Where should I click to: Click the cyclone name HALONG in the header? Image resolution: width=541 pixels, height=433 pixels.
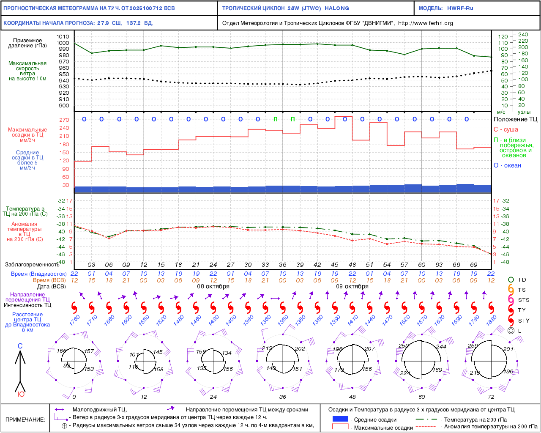click(337, 8)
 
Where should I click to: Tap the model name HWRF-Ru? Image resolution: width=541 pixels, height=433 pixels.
click(460, 8)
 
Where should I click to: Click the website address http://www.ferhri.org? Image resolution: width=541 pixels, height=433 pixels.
click(425, 23)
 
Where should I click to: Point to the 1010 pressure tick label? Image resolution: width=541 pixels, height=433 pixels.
click(63, 37)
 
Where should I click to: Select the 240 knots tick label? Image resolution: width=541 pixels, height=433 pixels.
click(523, 35)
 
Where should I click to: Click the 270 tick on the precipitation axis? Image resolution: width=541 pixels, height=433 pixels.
click(64, 120)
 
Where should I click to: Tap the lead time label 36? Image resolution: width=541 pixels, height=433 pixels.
click(282, 265)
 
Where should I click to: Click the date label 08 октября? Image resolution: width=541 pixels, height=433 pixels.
click(213, 286)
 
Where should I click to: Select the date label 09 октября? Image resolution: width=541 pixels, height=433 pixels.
click(352, 286)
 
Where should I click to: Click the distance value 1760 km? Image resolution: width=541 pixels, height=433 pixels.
click(74, 321)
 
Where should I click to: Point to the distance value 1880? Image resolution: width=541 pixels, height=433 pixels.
click(491, 321)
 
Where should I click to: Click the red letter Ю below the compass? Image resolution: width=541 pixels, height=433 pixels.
click(21, 394)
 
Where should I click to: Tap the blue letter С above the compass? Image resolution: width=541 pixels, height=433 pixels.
click(20, 346)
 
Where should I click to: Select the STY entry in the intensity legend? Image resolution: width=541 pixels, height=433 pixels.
click(524, 321)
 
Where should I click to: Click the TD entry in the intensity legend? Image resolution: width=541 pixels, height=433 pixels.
click(522, 280)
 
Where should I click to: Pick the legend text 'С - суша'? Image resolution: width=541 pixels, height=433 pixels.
click(505, 129)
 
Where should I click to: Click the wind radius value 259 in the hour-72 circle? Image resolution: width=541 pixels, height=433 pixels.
click(473, 346)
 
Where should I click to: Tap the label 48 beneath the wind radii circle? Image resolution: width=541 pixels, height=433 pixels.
click(352, 397)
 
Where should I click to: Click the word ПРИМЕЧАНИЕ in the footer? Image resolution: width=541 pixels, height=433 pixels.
click(25, 419)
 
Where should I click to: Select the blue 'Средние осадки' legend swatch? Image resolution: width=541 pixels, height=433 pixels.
click(340, 419)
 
